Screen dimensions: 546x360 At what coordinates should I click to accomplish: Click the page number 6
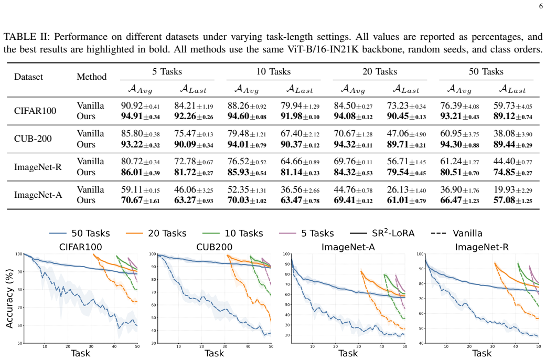540,7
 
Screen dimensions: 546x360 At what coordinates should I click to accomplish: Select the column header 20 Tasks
380,71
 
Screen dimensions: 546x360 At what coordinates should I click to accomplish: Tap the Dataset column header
28,77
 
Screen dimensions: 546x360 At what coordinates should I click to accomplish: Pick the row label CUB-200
33,139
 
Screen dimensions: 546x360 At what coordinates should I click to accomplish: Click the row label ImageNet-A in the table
38,195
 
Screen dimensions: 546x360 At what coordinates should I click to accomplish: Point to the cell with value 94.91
141,117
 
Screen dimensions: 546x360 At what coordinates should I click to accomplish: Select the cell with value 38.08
513,134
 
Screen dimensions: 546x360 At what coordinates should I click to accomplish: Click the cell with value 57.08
513,200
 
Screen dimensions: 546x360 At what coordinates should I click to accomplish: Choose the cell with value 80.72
141,162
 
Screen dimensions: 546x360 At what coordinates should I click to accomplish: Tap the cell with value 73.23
406,105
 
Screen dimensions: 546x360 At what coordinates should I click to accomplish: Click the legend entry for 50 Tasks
79,233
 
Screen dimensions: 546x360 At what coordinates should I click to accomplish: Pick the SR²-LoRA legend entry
382,233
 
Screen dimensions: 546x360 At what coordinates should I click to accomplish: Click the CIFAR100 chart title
80,247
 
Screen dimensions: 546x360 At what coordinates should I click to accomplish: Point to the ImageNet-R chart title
481,247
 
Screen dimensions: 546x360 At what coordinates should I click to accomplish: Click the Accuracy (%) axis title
9,298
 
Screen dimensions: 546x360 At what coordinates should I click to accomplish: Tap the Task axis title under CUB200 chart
214,353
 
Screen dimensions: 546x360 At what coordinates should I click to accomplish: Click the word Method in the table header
92,77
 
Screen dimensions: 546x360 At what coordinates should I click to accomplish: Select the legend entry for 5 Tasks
306,233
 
